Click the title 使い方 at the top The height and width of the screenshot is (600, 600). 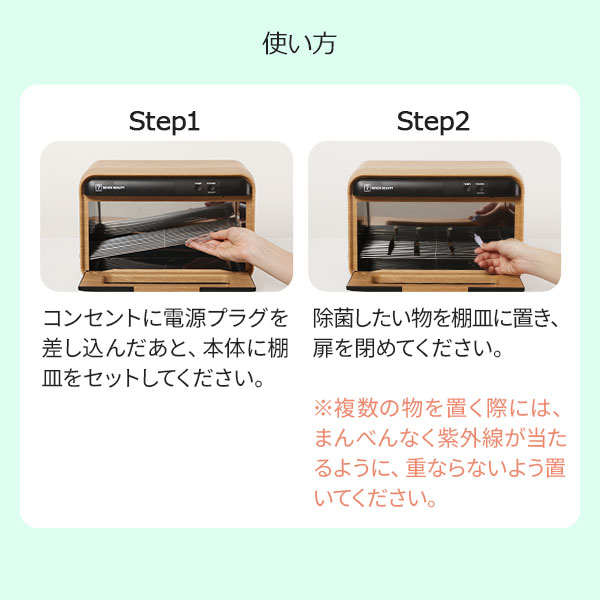point(299,43)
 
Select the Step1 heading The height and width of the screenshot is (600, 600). point(164,122)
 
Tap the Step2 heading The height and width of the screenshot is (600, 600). point(433,122)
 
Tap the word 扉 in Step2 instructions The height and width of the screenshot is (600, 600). point(324,351)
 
